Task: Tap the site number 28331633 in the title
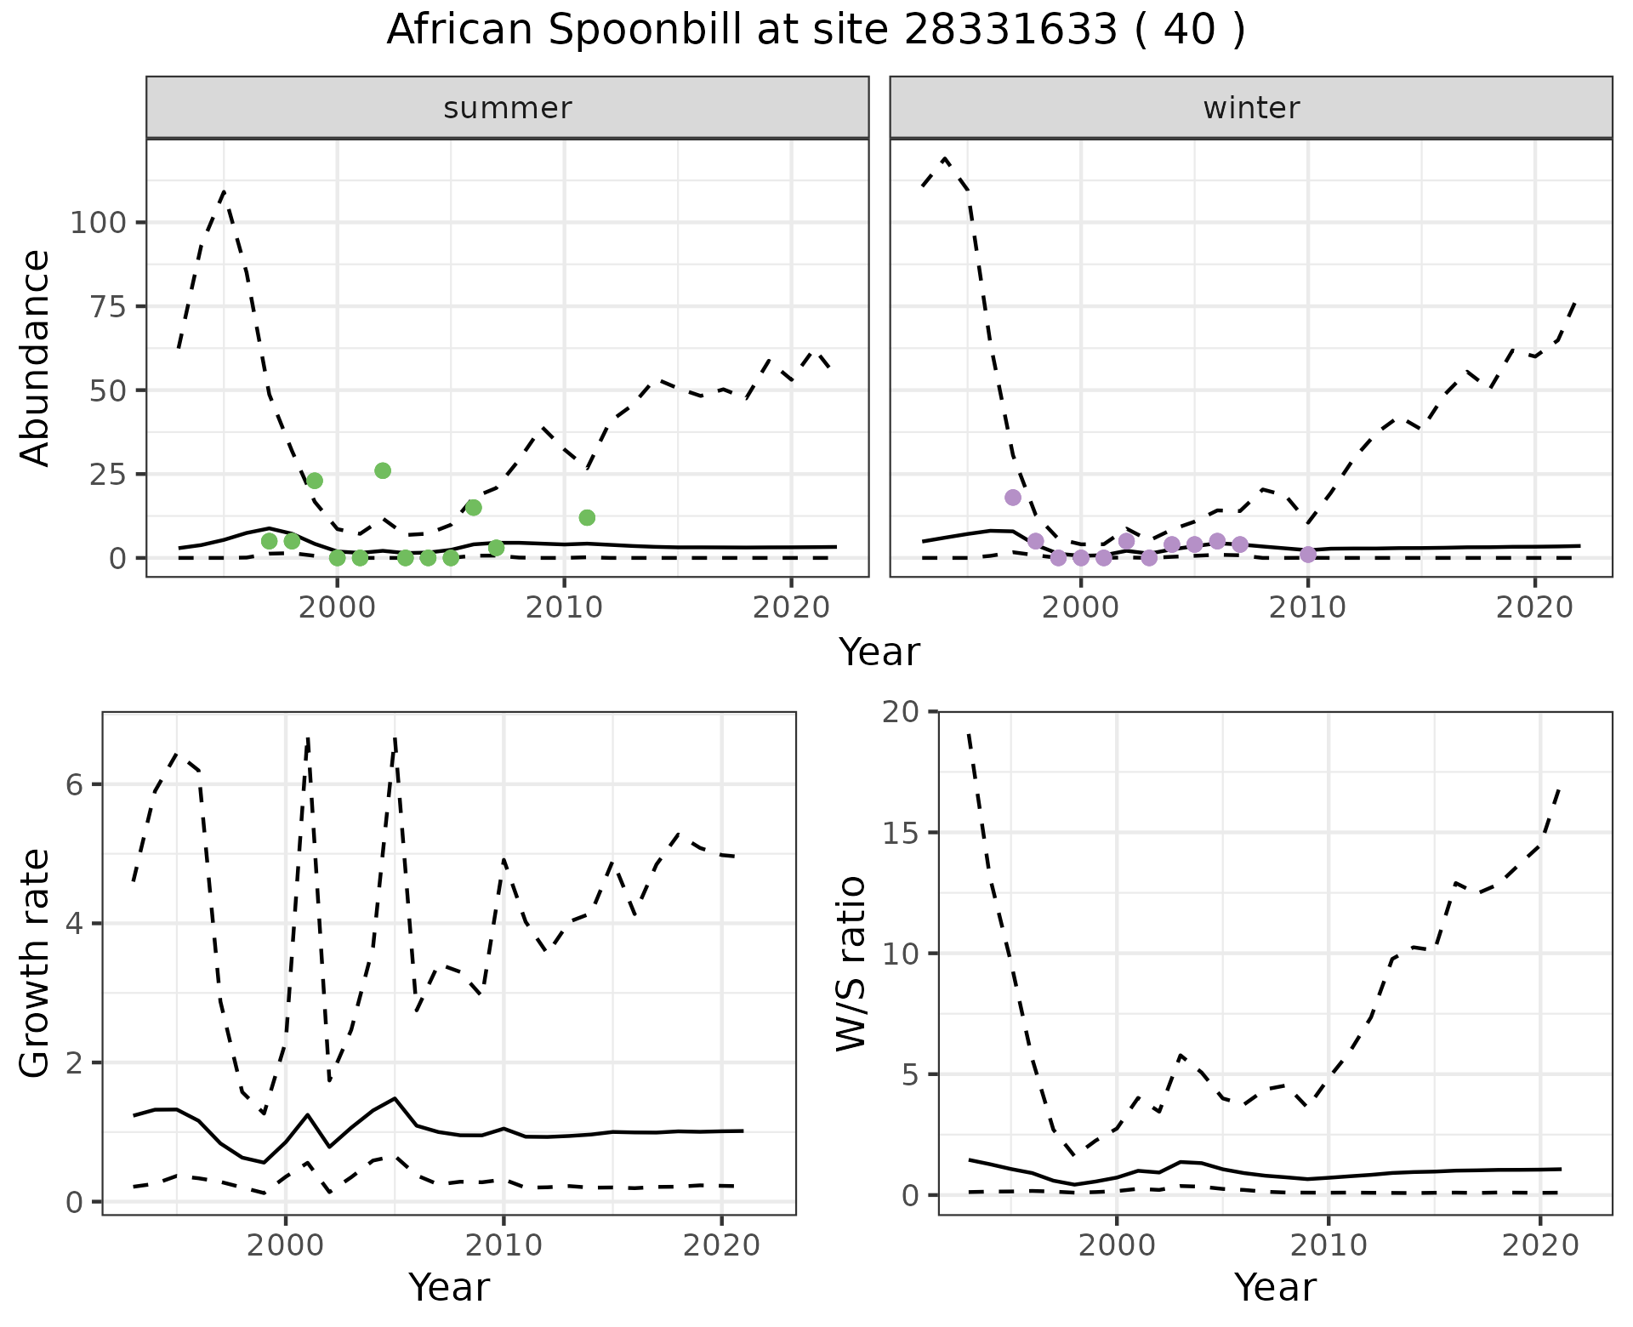[1010, 31]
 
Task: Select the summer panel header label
[508, 108]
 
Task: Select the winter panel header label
[1251, 108]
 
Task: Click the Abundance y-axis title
[36, 357]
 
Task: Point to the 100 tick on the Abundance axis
[98, 224]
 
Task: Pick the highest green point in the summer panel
[383, 470]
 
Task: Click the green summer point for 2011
[587, 517]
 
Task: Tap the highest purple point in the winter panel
[1013, 498]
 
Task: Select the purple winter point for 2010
[1308, 555]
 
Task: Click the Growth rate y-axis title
[36, 963]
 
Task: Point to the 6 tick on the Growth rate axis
[75, 784]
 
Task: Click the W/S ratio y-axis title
[851, 963]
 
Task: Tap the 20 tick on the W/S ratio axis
[902, 712]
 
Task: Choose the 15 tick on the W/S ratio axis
[902, 833]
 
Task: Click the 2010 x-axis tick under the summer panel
[564, 607]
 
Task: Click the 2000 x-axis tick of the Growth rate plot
[286, 1246]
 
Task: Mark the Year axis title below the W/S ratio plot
[1275, 1288]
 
